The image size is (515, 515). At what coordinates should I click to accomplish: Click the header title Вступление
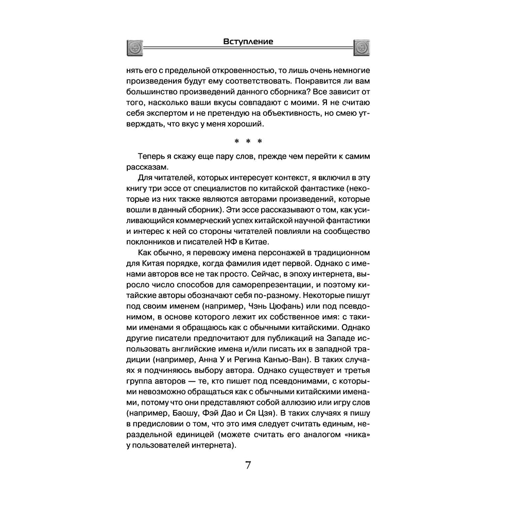coord(249,41)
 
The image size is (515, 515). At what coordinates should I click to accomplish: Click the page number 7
coord(248,465)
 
